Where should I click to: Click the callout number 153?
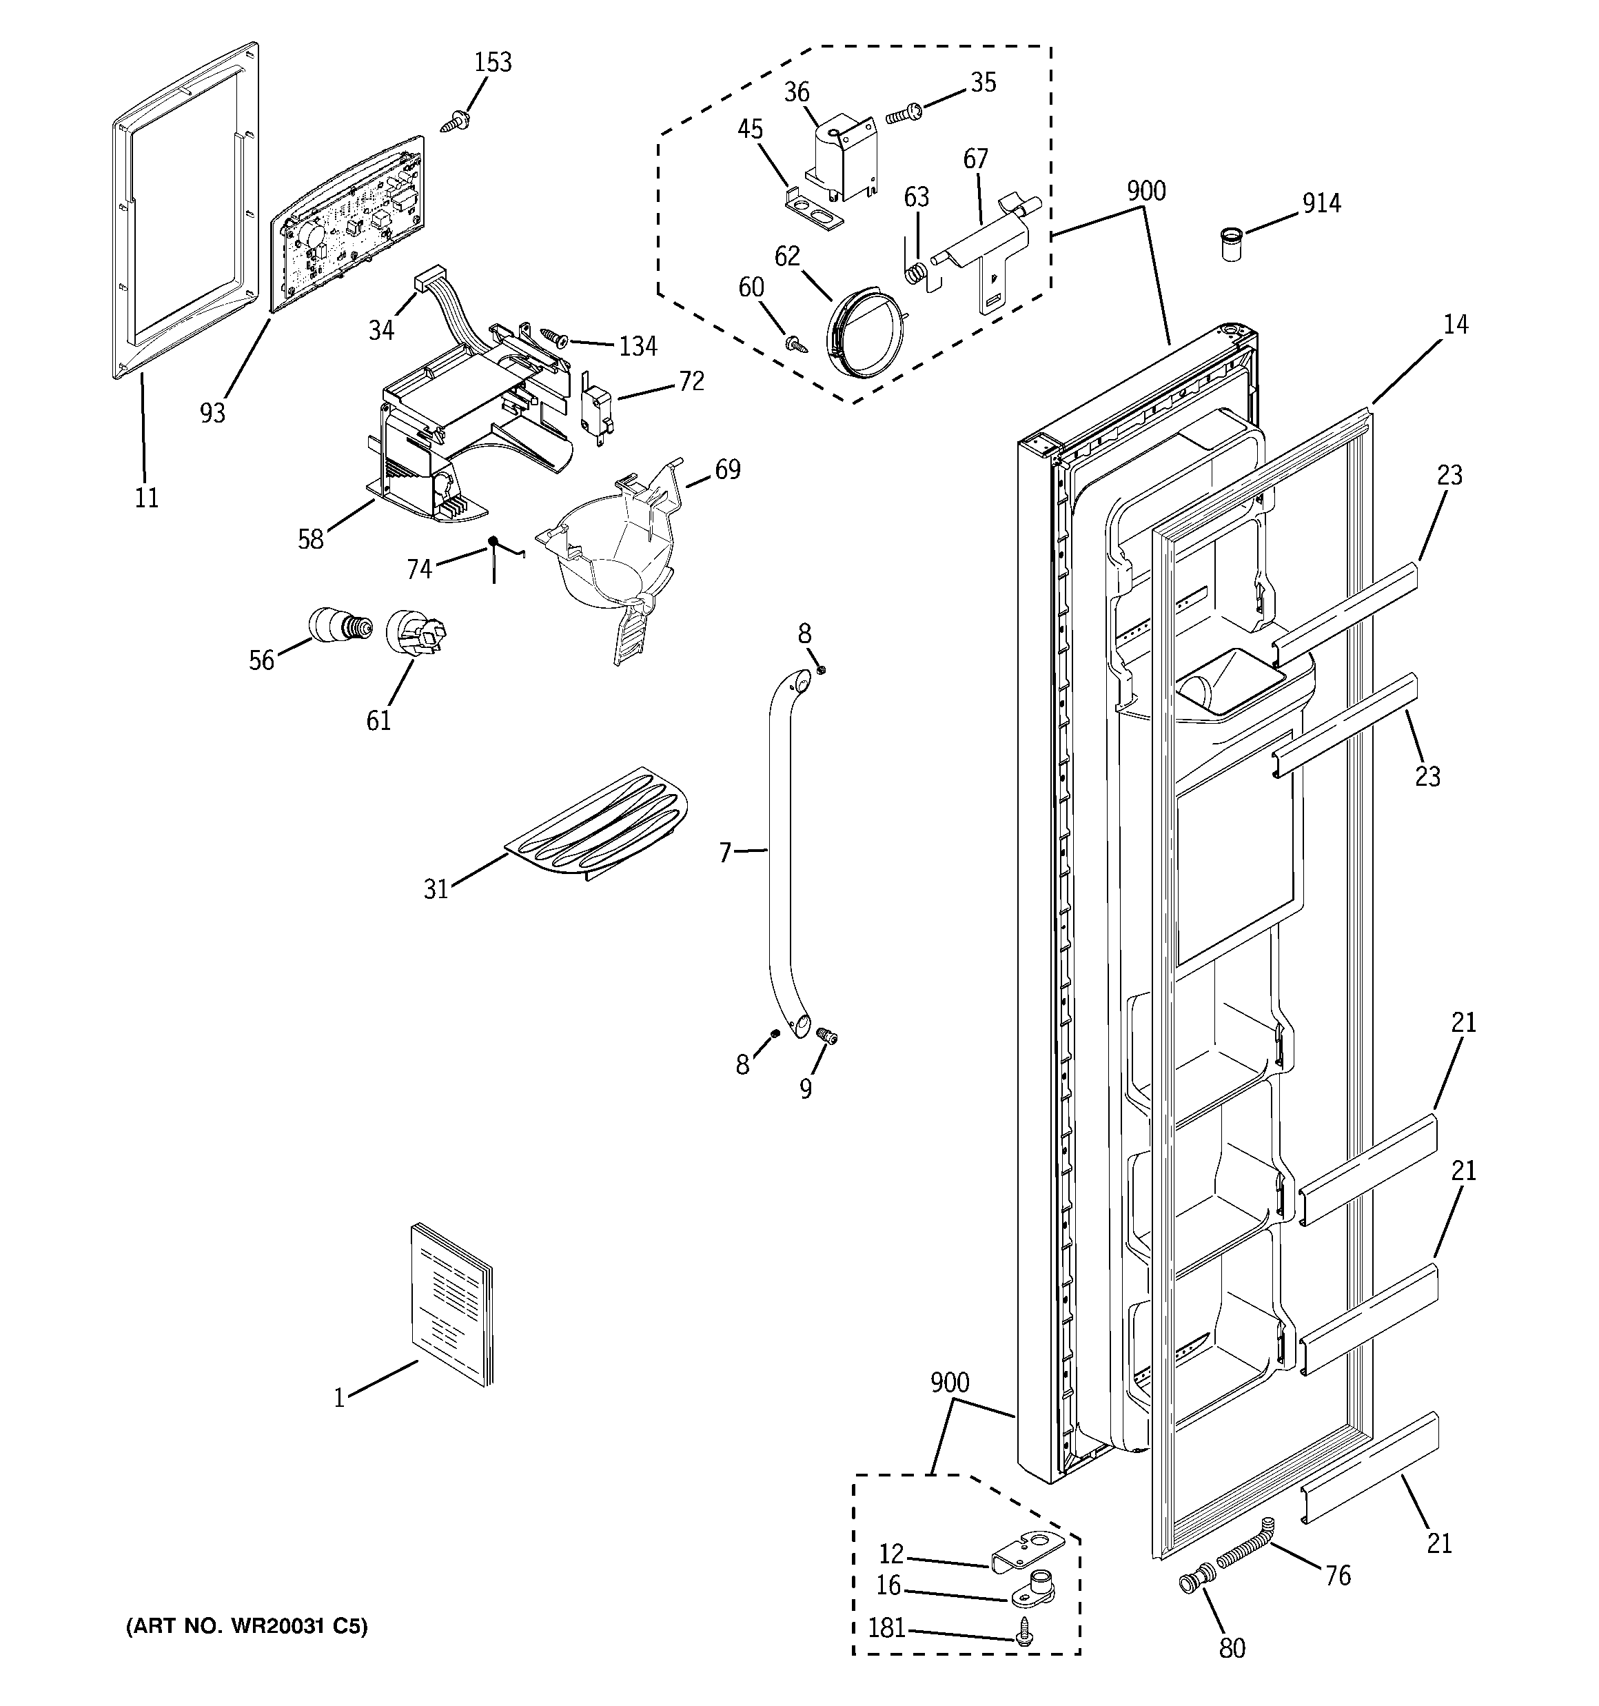coord(493,63)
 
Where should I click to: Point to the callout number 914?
coord(1321,203)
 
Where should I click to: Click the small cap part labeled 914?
coord(1232,245)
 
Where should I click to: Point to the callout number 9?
coord(805,1089)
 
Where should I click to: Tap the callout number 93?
coord(212,413)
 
